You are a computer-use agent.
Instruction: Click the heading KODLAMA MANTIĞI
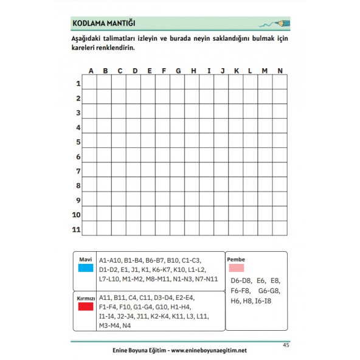click(x=103, y=24)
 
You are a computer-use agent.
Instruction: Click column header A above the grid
click(x=91, y=71)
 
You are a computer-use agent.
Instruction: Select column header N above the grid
click(x=280, y=71)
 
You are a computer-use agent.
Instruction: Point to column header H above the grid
click(x=193, y=71)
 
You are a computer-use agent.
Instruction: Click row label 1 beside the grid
click(x=78, y=83)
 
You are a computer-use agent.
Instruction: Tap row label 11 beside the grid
click(x=77, y=229)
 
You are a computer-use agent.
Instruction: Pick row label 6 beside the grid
click(x=78, y=156)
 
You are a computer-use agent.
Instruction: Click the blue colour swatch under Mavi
click(x=85, y=268)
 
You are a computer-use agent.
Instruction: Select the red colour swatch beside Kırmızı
click(x=85, y=307)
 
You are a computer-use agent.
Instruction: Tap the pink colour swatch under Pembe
click(x=237, y=268)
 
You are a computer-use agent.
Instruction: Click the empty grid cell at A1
click(x=90, y=83)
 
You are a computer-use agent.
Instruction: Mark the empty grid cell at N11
click(x=280, y=229)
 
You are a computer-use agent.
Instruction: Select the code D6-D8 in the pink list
click(x=241, y=281)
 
